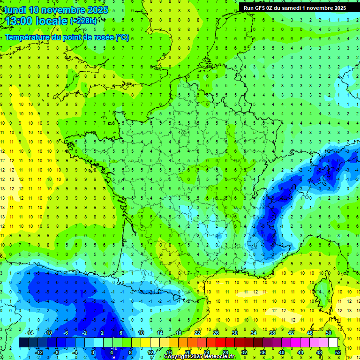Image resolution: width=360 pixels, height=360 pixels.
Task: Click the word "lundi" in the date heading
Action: click(x=15, y=10)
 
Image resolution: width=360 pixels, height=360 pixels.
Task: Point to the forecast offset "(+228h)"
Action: click(x=84, y=21)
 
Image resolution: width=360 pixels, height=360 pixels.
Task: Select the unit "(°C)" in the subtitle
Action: click(x=122, y=37)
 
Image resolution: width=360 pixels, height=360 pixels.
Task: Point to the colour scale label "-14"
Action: click(x=29, y=333)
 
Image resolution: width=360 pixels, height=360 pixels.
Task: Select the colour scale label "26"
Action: click(x=216, y=333)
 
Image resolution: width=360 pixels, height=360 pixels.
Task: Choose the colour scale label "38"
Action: click(x=272, y=333)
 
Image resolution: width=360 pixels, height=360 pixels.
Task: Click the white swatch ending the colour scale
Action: click(x=333, y=343)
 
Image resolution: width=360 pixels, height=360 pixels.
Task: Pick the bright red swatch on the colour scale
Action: click(x=221, y=343)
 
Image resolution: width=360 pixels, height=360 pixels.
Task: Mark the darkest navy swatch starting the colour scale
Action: click(x=23, y=343)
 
